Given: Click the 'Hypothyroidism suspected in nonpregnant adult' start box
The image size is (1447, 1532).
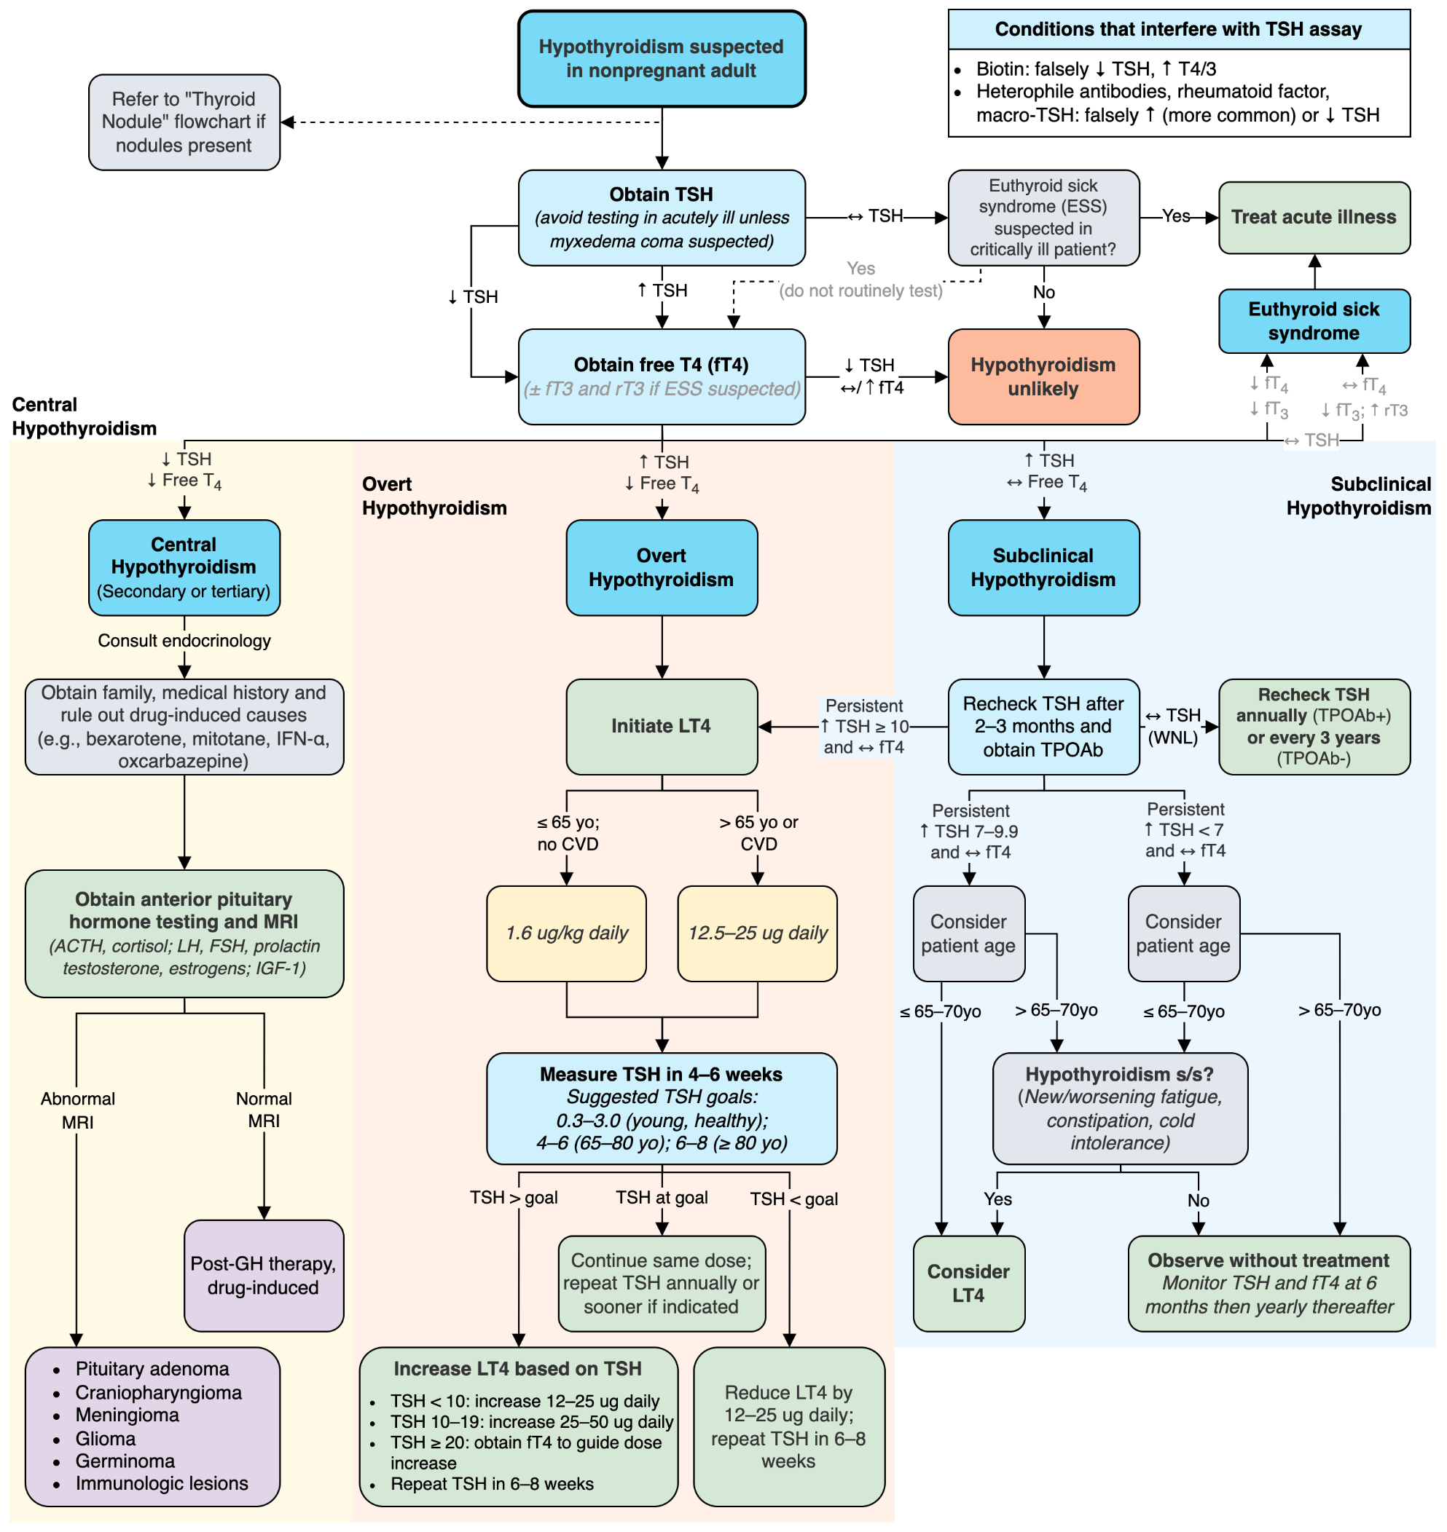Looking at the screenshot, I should (661, 58).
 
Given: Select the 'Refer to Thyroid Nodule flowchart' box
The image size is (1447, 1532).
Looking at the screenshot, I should (184, 122).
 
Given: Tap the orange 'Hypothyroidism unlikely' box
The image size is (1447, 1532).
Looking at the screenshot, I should (1043, 376).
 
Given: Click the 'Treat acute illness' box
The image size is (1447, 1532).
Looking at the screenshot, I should (1314, 218).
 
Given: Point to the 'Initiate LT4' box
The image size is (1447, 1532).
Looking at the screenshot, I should (661, 726).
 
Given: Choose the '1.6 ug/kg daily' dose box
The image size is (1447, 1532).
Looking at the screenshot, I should (566, 933).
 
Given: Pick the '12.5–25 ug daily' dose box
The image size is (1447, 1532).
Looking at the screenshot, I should (757, 933).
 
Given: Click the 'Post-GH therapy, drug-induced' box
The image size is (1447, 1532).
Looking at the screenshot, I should (264, 1275).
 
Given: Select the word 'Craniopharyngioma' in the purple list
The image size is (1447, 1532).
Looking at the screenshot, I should (158, 1392).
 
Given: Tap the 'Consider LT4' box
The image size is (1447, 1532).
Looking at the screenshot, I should (968, 1283).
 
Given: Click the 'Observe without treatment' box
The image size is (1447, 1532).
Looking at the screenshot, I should (1268, 1283).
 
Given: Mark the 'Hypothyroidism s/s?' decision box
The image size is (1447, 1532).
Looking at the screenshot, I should (1119, 1108).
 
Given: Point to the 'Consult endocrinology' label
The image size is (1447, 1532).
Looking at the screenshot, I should (184, 641).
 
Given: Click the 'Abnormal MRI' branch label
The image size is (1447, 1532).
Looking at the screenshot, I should (77, 1110).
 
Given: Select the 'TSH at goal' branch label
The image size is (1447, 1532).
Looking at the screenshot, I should (661, 1197).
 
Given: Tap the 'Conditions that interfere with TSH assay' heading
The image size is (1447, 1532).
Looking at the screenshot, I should (1178, 29).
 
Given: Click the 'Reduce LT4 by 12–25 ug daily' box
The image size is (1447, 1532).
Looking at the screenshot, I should (788, 1426).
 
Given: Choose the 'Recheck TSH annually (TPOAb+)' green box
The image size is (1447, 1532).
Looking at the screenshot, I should (1314, 726).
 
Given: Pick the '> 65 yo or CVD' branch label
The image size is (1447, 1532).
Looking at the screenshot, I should (758, 833).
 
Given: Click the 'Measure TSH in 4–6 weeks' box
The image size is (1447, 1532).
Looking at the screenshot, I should (661, 1108).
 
